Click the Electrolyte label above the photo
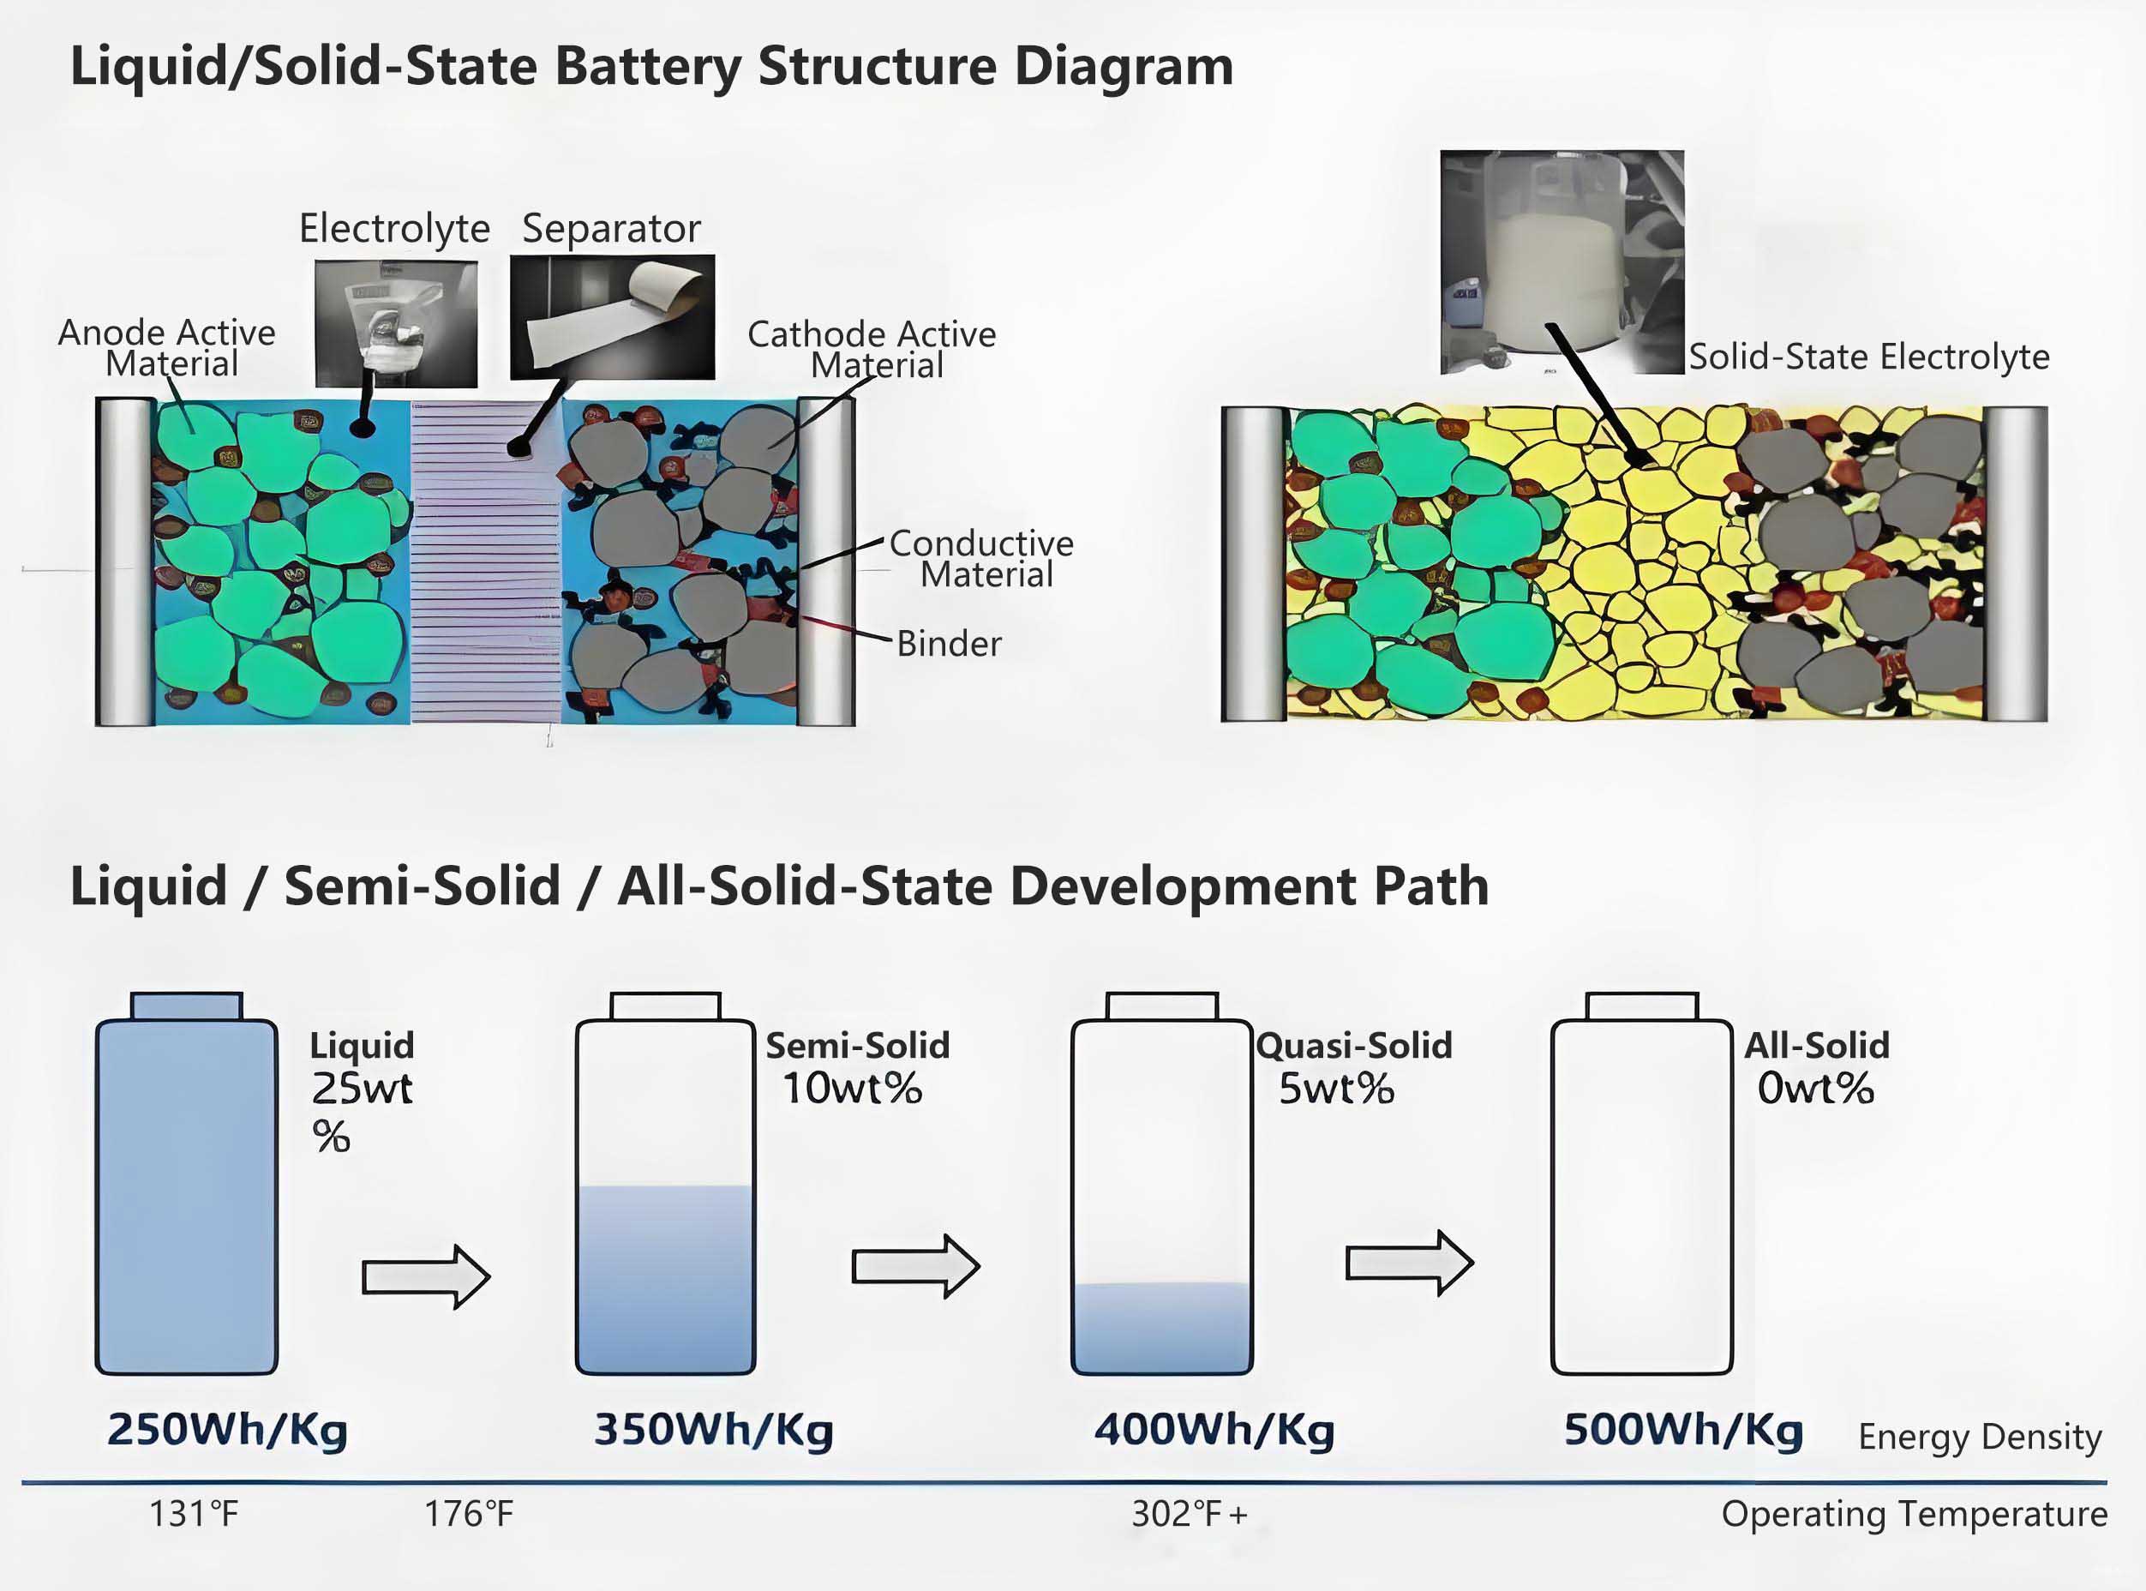tap(393, 229)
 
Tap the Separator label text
tap(610, 229)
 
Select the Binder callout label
tap(949, 643)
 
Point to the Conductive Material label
tap(981, 559)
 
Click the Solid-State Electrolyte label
tap(1868, 357)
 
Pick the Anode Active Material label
tap(166, 348)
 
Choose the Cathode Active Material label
tap(872, 350)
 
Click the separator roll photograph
tap(612, 317)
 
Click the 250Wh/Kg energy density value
tap(227, 1429)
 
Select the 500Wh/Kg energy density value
tap(1683, 1429)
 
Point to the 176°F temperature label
tap(469, 1515)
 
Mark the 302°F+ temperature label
tap(1189, 1515)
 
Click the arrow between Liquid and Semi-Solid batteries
tap(426, 1277)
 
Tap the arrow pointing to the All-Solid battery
tap(1408, 1263)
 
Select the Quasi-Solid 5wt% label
tap(1352, 1068)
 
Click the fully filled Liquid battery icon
tap(187, 1194)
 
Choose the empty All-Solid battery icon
tap(1641, 1194)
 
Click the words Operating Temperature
tap(1914, 1515)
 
